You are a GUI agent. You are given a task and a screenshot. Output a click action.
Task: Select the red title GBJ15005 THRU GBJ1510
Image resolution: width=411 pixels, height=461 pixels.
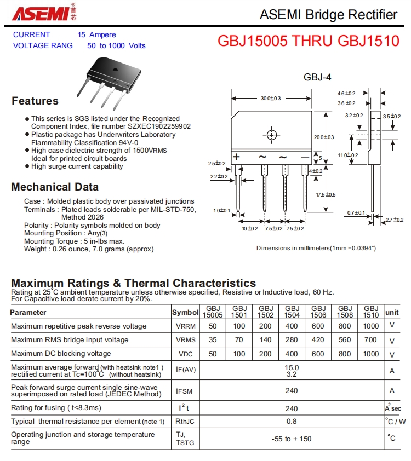(309, 41)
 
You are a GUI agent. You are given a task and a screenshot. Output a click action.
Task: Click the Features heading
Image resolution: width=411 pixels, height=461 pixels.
(35, 101)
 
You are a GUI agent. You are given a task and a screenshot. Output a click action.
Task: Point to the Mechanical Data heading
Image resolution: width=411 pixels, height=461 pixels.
(55, 187)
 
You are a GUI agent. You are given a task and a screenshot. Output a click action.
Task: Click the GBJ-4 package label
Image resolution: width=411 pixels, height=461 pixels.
(317, 77)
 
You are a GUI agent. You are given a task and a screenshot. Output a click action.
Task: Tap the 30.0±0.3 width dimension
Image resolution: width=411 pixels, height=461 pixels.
(270, 99)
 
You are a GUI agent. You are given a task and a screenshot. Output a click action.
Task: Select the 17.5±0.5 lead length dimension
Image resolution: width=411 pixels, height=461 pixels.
(326, 195)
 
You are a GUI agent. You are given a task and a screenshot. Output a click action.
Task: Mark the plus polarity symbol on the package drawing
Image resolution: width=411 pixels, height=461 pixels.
(237, 157)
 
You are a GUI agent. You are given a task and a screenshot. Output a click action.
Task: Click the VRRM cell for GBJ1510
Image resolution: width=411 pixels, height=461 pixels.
(371, 326)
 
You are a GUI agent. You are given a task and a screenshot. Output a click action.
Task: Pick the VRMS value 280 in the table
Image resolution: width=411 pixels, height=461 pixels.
(292, 339)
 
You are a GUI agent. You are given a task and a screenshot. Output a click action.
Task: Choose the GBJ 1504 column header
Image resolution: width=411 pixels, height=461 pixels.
(292, 312)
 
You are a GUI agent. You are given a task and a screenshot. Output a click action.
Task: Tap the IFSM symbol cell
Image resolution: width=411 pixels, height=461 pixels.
(184, 391)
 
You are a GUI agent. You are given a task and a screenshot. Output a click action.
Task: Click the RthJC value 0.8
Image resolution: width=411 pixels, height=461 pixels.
(292, 421)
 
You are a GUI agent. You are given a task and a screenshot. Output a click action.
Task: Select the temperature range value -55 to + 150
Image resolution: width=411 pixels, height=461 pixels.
(292, 439)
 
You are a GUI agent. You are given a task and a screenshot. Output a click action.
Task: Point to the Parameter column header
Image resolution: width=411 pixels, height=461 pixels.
(28, 312)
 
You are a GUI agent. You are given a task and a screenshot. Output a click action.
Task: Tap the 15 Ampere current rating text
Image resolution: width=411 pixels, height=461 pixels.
(96, 34)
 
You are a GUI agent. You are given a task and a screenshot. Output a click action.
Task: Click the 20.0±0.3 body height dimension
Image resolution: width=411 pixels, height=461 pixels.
(324, 137)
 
